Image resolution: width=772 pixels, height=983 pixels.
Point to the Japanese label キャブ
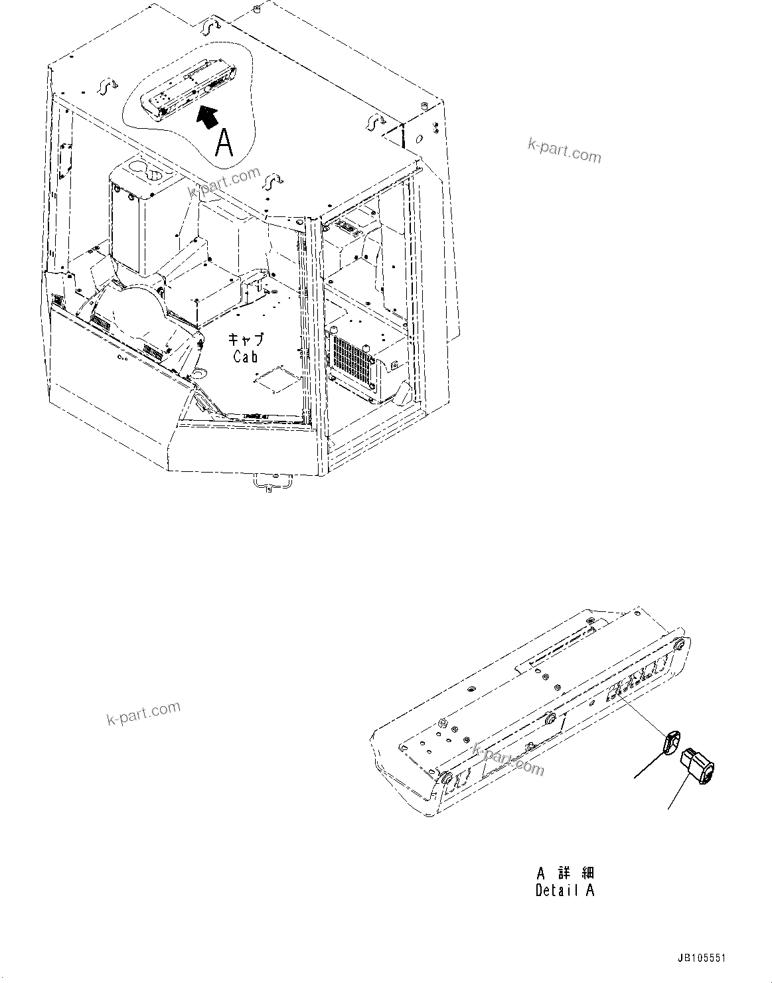tap(246, 339)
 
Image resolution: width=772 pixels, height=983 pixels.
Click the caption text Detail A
tap(565, 891)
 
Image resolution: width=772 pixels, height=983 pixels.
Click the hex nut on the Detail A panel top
tap(441, 721)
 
